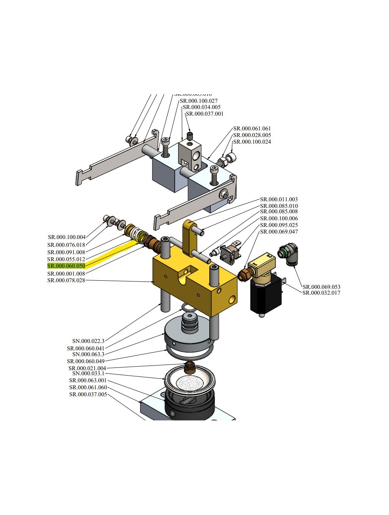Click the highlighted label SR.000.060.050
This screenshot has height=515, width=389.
(x=66, y=266)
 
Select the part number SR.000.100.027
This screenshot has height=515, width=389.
(x=198, y=101)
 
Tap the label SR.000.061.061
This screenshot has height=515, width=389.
(x=252, y=128)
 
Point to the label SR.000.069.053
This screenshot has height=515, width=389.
(x=321, y=287)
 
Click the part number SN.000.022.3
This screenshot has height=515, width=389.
(x=88, y=341)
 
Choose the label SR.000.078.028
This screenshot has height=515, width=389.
(x=66, y=280)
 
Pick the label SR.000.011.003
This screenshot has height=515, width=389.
(x=279, y=199)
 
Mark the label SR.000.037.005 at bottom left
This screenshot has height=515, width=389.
(x=88, y=394)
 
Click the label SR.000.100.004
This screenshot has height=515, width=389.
(x=67, y=237)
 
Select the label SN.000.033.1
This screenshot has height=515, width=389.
(x=88, y=373)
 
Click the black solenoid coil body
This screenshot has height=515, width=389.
(x=266, y=296)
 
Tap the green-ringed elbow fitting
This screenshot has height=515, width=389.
(x=288, y=254)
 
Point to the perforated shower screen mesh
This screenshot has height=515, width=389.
(x=189, y=383)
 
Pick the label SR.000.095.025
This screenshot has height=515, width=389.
(x=279, y=225)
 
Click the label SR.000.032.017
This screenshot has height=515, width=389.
(x=321, y=293)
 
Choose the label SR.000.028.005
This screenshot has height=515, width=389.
(x=252, y=135)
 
